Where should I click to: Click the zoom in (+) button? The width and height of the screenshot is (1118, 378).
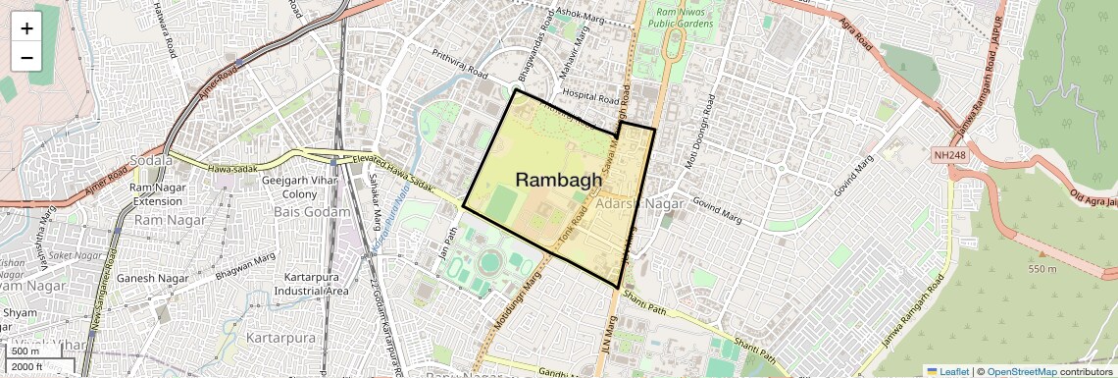[26, 28]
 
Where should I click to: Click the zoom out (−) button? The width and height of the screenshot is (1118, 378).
[26, 57]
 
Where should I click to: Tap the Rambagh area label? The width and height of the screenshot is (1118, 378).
[558, 180]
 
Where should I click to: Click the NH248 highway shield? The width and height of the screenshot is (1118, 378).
[951, 155]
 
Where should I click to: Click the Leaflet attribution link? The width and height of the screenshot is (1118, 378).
[947, 371]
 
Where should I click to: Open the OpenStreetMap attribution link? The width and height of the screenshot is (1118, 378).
[1020, 371]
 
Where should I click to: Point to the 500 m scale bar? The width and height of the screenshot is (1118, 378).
[25, 351]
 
